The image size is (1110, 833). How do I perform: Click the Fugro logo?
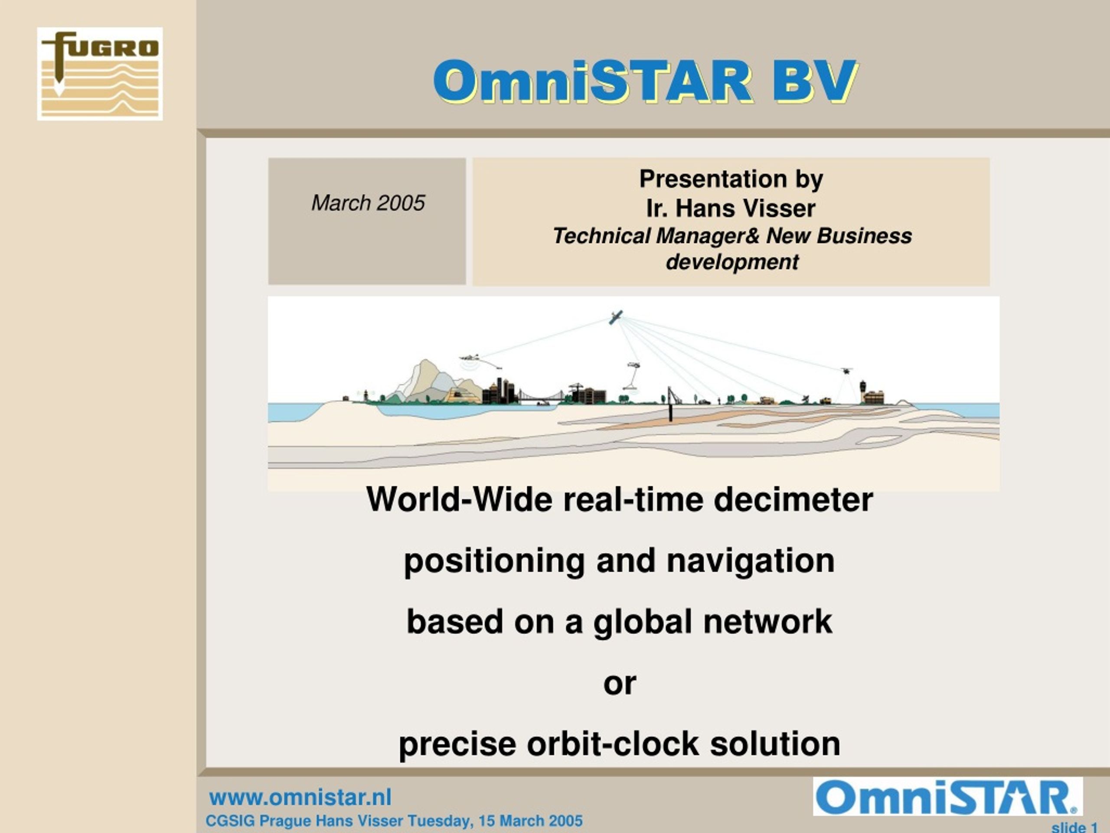pyautogui.click(x=99, y=74)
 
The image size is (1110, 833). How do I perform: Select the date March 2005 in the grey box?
pyautogui.click(x=368, y=203)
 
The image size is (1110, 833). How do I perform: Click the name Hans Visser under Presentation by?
pyautogui.click(x=746, y=208)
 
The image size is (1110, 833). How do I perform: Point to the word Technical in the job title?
pyautogui.click(x=601, y=236)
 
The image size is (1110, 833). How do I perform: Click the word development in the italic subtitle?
pyautogui.click(x=732, y=262)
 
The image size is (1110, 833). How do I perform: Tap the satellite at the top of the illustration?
pyautogui.click(x=616, y=317)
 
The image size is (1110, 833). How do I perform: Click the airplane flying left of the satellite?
pyautogui.click(x=470, y=357)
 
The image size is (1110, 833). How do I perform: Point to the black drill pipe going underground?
pyautogui.click(x=669, y=404)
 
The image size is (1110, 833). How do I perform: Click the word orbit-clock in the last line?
pyautogui.click(x=613, y=744)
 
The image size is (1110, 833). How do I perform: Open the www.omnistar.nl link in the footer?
pyautogui.click(x=300, y=797)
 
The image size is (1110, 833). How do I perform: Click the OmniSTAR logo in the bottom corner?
pyautogui.click(x=948, y=797)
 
